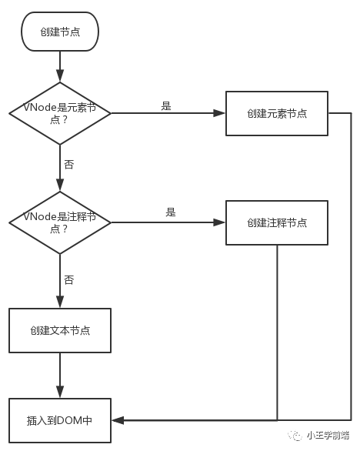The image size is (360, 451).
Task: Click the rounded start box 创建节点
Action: click(60, 32)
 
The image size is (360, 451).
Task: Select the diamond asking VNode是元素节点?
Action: click(60, 113)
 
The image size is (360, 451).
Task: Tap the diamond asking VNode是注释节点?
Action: click(60, 222)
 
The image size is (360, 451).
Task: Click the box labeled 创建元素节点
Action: click(277, 113)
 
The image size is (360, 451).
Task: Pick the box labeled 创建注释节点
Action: click(277, 222)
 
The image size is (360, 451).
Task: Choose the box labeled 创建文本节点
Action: click(60, 330)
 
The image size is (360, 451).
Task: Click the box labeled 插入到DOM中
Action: click(60, 420)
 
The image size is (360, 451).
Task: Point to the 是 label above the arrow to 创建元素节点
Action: click(166, 106)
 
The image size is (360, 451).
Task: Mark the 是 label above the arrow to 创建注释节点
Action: click(171, 212)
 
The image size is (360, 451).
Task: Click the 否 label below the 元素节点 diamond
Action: click(69, 165)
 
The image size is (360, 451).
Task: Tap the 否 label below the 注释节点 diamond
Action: click(69, 279)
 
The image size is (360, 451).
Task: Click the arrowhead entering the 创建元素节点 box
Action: click(219, 113)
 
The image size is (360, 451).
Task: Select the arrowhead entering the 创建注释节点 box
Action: click(219, 222)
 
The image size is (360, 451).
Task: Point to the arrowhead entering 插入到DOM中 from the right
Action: click(118, 420)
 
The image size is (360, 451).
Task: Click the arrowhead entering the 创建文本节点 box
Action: click(60, 302)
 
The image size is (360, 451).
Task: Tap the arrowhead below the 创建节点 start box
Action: click(60, 76)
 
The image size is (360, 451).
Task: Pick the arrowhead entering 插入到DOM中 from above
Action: click(60, 393)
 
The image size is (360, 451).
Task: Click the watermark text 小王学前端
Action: click(328, 435)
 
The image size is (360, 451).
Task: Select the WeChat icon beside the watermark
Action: click(295, 436)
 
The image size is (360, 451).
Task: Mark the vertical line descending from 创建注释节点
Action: click(277, 332)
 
